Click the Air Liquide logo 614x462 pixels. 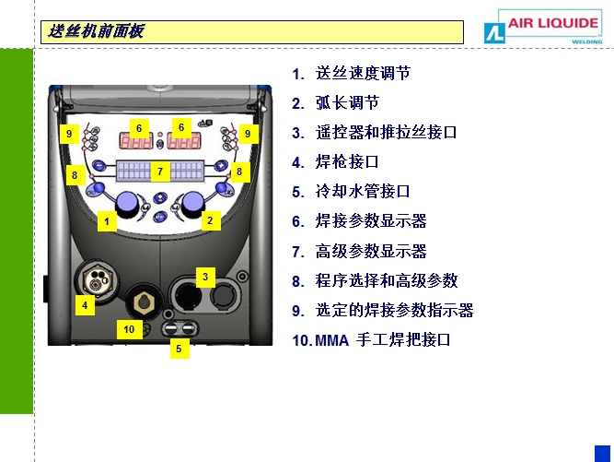click(543, 27)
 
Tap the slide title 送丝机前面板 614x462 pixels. click(97, 31)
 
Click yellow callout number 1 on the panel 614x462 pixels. click(107, 221)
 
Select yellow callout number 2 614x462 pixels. click(210, 220)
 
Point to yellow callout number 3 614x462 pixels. click(205, 277)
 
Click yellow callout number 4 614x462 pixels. click(85, 305)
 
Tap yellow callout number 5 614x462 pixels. click(179, 349)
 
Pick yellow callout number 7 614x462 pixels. click(160, 172)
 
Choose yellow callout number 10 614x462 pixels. click(129, 329)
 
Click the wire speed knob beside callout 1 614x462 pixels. click(126, 205)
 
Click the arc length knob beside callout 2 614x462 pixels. click(191, 205)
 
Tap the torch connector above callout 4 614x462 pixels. click(97, 281)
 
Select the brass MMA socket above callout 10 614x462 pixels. click(145, 302)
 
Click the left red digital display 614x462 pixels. click(136, 141)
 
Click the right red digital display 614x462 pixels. click(184, 140)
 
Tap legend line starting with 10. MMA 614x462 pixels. click(371, 340)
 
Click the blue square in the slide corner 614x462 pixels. click(602, 454)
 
